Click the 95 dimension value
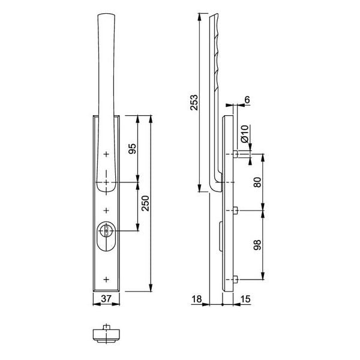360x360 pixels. pyautogui.click(x=133, y=148)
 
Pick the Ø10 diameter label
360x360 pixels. pyautogui.click(x=244, y=133)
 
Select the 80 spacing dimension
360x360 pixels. pyautogui.click(x=259, y=182)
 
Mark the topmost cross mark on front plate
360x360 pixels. pyautogui.click(x=106, y=154)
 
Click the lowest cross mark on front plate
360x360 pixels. pyautogui.click(x=106, y=279)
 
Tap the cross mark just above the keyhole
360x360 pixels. pyautogui.click(x=106, y=210)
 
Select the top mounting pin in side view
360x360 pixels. pyautogui.click(x=238, y=154)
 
